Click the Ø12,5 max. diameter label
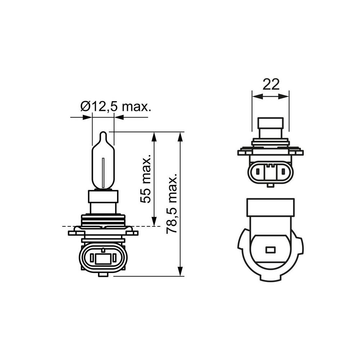click(115, 107)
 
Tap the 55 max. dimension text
click(146, 180)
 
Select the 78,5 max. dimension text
click(172, 204)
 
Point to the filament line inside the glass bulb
click(103, 173)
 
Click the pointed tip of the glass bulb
click(103, 133)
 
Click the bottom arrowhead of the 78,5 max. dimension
click(181, 272)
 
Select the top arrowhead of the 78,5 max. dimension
click(181, 137)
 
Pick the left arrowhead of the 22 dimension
click(256, 96)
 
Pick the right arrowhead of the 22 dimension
click(285, 96)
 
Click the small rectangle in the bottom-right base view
click(270, 249)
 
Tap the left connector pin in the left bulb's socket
click(92, 258)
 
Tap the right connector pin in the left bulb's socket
click(114, 258)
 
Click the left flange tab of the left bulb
click(72, 233)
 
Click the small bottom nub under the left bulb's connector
click(103, 275)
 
